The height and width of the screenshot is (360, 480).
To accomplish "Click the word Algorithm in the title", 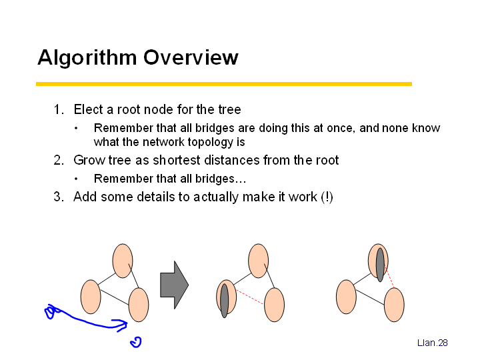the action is coord(87,57).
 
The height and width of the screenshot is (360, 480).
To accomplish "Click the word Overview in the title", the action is coord(191,57).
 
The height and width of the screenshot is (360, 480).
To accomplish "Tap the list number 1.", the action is coord(59,109).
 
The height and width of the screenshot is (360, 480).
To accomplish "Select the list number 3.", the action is coord(59,197).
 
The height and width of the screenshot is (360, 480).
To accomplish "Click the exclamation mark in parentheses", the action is coord(327,197).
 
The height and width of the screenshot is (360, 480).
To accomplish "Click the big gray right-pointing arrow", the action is coord(174,285).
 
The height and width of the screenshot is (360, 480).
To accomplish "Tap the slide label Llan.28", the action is coord(432,343).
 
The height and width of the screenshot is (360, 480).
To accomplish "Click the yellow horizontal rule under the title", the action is coord(224,84).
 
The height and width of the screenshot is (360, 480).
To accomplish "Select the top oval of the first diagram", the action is coord(123,261).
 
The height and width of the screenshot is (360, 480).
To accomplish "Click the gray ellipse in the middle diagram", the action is coord(225,301).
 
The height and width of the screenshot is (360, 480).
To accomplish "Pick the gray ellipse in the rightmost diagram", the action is coord(380,265).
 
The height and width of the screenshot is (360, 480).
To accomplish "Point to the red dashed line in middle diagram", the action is coord(249,297).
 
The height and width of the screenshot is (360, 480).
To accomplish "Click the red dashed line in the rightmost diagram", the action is coord(389,277).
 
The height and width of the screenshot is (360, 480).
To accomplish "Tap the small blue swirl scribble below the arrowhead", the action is coord(136,342).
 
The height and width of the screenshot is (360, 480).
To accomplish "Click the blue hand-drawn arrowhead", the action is coord(121,325).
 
